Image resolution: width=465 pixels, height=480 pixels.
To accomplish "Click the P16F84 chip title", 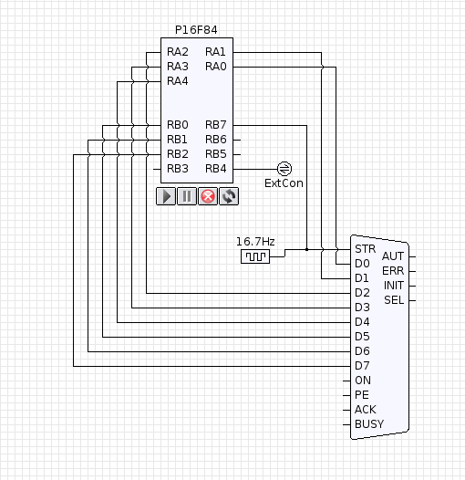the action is tap(196, 30).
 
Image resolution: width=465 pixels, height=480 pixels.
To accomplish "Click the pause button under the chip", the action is tap(187, 196).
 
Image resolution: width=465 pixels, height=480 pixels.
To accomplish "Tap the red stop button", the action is tap(208, 196).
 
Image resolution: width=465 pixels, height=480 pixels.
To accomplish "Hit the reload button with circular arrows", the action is tap(229, 196).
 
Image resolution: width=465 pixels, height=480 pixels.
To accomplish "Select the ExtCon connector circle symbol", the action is tap(284, 169).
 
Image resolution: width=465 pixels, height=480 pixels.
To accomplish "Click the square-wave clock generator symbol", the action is tap(255, 256).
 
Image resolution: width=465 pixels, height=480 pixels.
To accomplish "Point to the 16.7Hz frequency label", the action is tap(255, 242).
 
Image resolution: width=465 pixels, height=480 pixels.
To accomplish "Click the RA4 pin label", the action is tap(178, 81).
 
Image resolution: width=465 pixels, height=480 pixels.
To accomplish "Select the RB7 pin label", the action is tap(216, 125).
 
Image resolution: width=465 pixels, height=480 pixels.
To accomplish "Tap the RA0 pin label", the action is tap(216, 67).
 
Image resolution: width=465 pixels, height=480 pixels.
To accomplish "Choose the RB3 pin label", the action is tap(178, 169).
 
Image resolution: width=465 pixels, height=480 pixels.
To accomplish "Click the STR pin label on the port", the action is tap(366, 249).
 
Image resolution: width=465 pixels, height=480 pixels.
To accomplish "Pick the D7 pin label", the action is tap(362, 366).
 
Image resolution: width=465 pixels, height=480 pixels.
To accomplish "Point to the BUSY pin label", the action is tap(369, 424).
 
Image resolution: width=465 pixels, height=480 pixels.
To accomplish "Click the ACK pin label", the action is tap(366, 410).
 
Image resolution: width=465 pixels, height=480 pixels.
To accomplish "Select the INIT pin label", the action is tap(394, 286).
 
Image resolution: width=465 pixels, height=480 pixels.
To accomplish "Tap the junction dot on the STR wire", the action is tap(307, 249).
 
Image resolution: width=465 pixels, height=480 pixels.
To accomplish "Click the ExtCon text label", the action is tap(284, 183).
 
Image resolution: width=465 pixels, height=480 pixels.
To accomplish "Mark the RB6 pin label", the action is tap(216, 140).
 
